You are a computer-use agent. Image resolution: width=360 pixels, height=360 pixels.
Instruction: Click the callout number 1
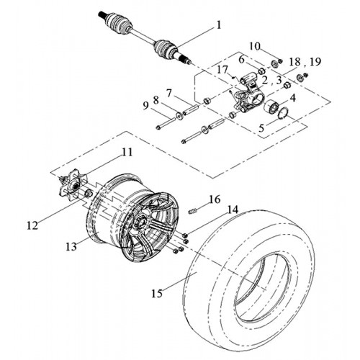pos(218,25)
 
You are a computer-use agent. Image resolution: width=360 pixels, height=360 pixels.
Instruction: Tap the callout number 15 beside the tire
pos(157,293)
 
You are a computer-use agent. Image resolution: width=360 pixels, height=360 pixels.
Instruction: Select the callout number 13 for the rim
pos(71,246)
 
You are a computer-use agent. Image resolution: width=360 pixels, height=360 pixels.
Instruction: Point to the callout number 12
pos(32,225)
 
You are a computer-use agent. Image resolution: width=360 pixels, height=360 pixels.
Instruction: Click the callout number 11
pos(127,152)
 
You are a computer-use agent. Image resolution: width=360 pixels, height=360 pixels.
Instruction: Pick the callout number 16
pos(215,199)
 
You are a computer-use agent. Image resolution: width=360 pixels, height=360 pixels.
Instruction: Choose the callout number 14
pos(233,210)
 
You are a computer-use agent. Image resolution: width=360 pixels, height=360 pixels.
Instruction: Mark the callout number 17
pos(222,70)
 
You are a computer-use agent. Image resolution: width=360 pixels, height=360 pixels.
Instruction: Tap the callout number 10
pos(254,46)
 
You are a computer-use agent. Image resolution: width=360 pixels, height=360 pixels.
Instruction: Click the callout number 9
pos(146,106)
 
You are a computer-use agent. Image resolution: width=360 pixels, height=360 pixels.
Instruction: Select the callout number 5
pos(261,128)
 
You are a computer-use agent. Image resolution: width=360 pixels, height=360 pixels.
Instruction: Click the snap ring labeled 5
pos(284,113)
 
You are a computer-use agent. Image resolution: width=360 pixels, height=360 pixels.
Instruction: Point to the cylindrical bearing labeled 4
pos(271,107)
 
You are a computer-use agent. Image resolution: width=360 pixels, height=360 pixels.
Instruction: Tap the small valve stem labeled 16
pos(193,212)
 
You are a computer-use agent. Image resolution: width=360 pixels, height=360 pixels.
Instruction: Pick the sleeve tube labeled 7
pos(190,109)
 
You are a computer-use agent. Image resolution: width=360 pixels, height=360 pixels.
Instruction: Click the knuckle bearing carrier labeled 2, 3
pos(247,95)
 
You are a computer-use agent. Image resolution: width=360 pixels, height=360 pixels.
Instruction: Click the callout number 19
pos(315,62)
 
